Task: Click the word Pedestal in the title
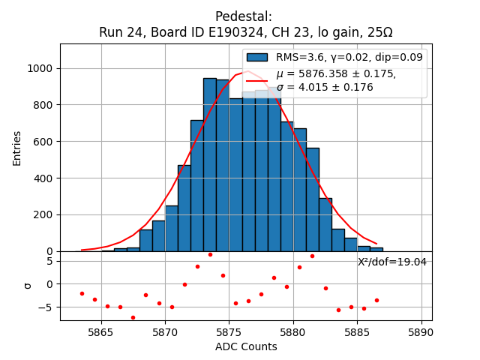click(x=244, y=16)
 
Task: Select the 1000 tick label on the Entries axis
click(x=40, y=68)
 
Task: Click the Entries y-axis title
click(x=17, y=148)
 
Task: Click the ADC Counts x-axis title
click(x=246, y=346)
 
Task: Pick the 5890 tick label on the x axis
click(x=421, y=331)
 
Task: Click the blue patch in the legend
click(x=257, y=57)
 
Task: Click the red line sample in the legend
click(x=257, y=80)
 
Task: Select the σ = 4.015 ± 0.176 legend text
click(x=325, y=88)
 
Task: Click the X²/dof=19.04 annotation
click(x=392, y=262)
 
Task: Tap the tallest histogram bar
click(x=210, y=165)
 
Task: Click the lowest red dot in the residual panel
click(x=133, y=317)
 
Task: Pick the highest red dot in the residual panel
click(x=210, y=254)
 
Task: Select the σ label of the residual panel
click(x=27, y=284)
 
